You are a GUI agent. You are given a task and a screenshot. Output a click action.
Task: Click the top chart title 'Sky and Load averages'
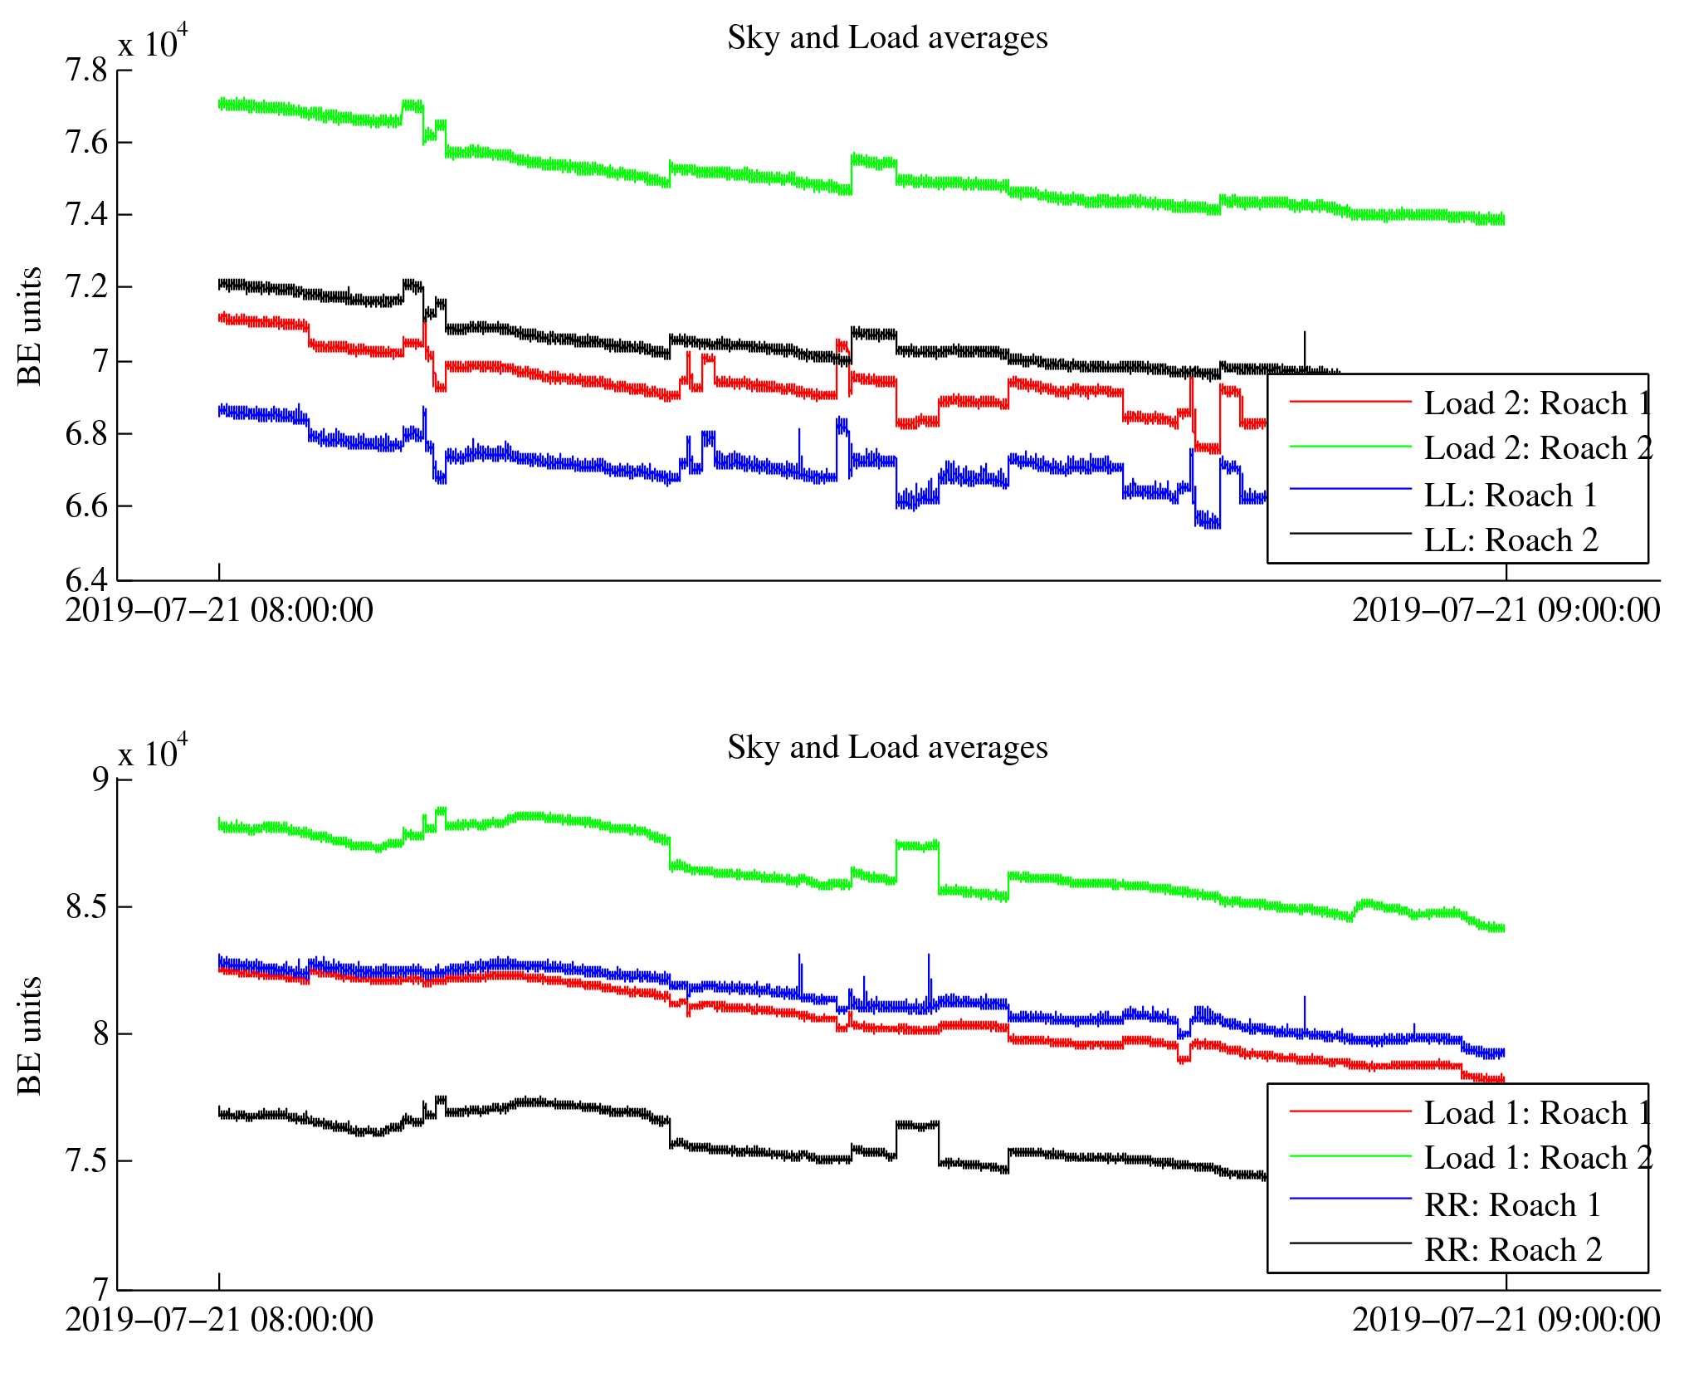coord(887,38)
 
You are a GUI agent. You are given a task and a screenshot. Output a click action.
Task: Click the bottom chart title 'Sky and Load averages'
coord(887,748)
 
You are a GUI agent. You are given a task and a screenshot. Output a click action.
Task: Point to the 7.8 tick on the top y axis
coord(86,71)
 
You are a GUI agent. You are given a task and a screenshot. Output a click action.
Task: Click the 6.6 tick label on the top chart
coord(86,506)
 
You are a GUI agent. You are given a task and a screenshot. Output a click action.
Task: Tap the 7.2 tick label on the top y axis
coord(86,287)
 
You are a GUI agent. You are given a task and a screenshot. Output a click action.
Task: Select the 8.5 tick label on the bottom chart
coord(86,907)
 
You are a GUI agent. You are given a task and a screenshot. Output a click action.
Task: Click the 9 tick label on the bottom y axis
coord(100,779)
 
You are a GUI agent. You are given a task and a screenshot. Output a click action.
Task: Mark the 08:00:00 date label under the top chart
coord(219,611)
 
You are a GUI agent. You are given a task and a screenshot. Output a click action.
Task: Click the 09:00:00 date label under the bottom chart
coord(1506,1321)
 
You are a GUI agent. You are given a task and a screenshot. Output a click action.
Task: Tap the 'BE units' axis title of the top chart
coord(30,326)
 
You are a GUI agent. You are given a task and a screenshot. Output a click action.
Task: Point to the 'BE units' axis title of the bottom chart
coord(30,1036)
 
